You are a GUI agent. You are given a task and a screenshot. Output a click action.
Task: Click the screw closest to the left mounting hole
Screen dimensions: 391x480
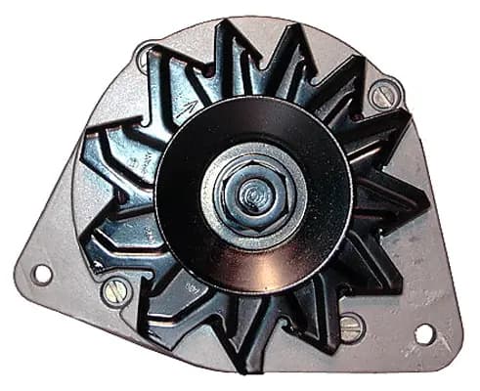pyautogui.click(x=115, y=290)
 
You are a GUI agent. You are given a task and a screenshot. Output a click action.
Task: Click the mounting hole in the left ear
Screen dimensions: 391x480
pyautogui.click(x=41, y=274)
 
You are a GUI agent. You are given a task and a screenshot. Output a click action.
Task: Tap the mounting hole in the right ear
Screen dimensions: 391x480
pyautogui.click(x=424, y=333)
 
